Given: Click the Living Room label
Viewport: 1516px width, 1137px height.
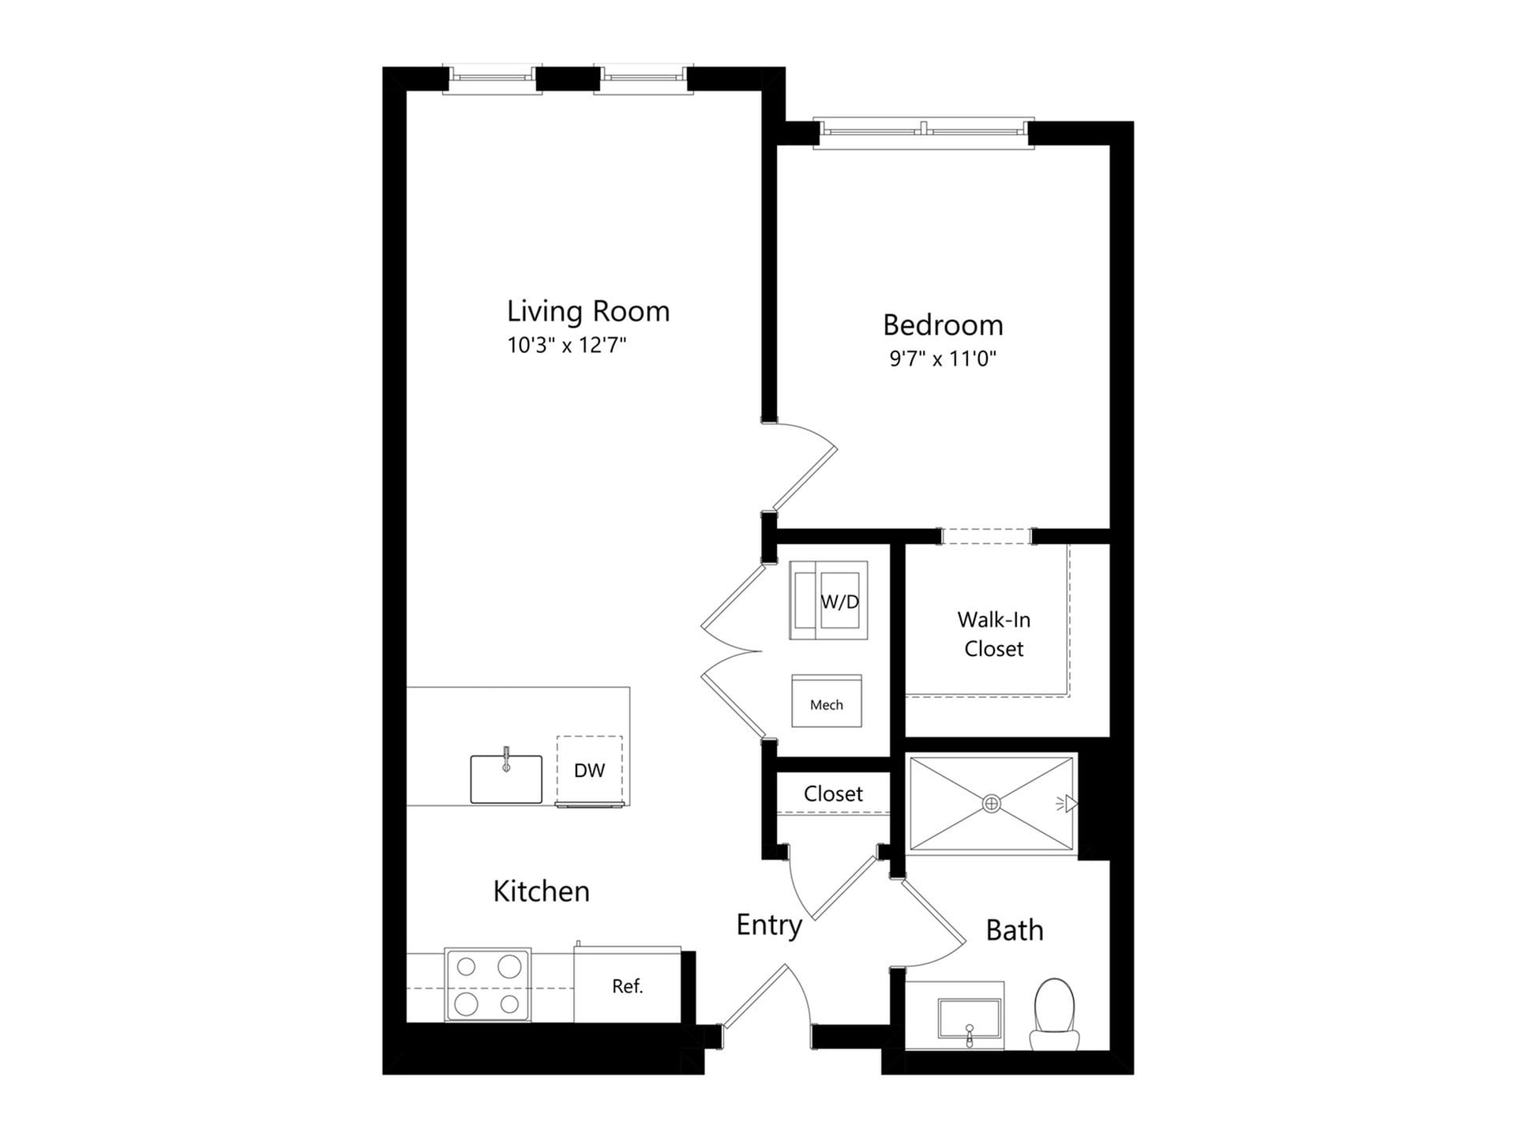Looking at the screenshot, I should [588, 311].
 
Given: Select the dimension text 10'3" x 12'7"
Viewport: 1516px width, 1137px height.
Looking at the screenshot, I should [566, 346].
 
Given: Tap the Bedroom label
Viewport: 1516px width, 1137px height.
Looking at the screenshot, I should [943, 325].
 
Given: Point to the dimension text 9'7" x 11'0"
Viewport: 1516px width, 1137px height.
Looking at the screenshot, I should [943, 359].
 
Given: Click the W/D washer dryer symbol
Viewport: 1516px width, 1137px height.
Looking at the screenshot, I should [828, 601].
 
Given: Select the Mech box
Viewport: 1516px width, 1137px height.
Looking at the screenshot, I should [827, 701].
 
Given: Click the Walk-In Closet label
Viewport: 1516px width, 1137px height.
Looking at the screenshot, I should [993, 634].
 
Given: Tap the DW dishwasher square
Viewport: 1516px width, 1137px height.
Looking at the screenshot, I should [589, 771].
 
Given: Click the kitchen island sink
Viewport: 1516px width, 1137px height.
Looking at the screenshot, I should [506, 779].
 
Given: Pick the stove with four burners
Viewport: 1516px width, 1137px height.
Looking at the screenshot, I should [487, 985].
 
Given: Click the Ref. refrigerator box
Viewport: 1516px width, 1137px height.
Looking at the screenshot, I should [628, 986].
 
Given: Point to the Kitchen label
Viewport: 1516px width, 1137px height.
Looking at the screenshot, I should [542, 891].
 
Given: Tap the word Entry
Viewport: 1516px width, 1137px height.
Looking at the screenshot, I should [769, 925].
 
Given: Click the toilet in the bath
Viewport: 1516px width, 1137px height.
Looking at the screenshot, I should [1055, 1015].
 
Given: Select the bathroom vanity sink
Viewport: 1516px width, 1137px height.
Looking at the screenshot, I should [969, 1019].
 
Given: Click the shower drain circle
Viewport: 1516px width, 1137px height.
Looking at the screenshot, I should [992, 804].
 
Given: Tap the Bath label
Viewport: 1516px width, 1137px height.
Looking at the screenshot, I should [1015, 931].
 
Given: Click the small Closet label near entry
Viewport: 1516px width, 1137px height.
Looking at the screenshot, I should [833, 794].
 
